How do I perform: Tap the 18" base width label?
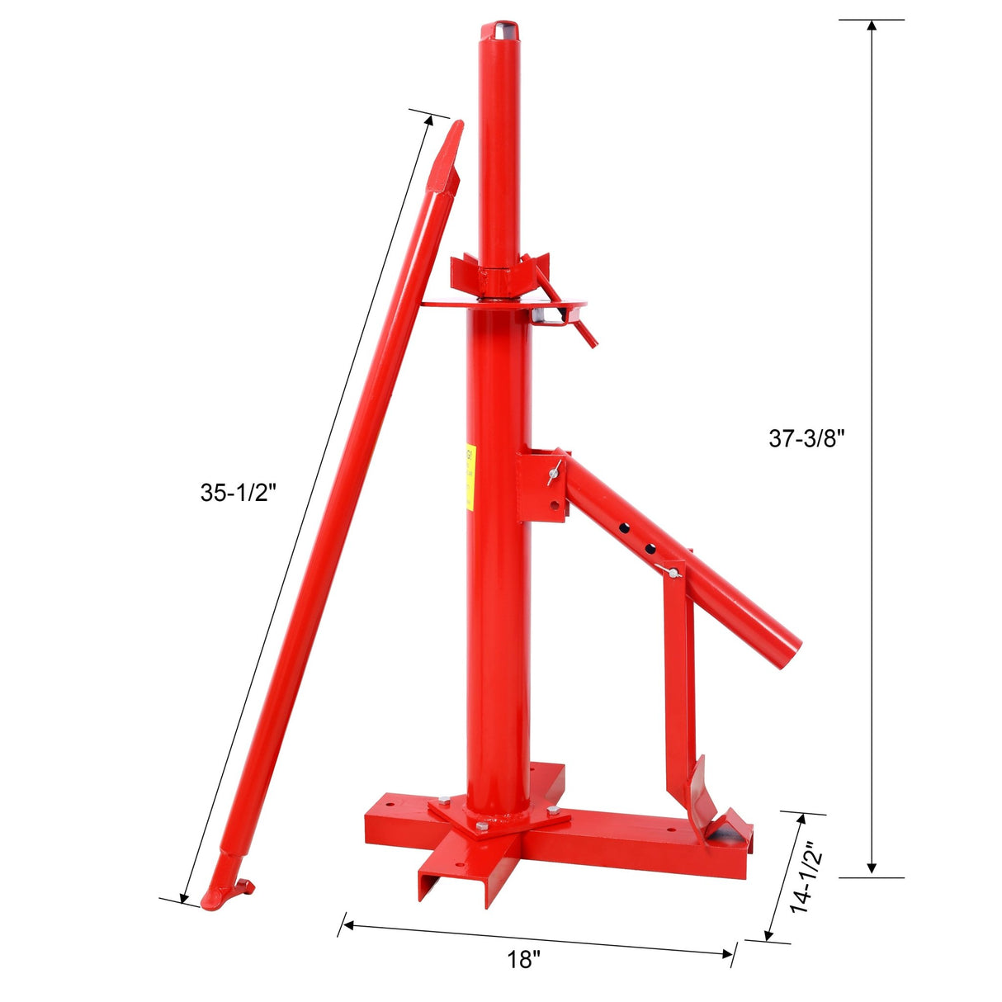click(x=524, y=960)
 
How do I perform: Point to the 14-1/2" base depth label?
click(x=802, y=877)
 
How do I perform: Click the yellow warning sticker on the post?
click(x=470, y=476)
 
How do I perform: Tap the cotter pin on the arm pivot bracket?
click(x=553, y=473)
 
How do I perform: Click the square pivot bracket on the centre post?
click(x=541, y=485)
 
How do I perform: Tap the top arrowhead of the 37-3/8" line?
click(x=871, y=25)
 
